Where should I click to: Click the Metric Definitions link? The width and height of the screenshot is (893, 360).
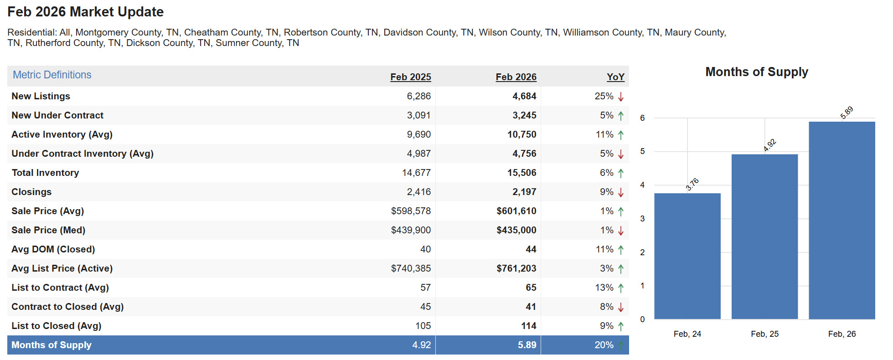pos(52,75)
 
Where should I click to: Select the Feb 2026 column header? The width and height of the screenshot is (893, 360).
pos(516,77)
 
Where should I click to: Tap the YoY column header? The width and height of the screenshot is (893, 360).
pos(615,77)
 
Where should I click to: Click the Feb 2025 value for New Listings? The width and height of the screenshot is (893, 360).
pos(418,96)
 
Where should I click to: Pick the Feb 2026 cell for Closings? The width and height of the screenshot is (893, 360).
pos(524,192)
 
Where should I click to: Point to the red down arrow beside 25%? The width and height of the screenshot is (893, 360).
pos(621,97)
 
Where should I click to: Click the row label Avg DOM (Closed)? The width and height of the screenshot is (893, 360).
pos(53,249)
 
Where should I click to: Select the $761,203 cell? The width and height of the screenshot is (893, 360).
pos(516,268)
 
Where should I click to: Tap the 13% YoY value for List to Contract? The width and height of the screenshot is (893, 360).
pos(604,288)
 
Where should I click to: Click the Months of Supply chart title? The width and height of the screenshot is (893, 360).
pos(756,72)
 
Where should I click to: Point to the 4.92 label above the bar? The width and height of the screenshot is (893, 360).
pos(769,145)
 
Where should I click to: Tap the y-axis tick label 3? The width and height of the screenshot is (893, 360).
pos(642,219)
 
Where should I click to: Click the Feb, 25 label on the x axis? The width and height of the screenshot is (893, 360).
pos(764,334)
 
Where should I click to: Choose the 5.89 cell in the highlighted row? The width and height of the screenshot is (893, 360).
pos(527,345)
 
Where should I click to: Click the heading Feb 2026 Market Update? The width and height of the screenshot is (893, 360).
pos(86,12)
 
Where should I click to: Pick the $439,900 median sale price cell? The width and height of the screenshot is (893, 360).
pos(410,230)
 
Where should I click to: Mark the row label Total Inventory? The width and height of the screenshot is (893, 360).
pos(45,173)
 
